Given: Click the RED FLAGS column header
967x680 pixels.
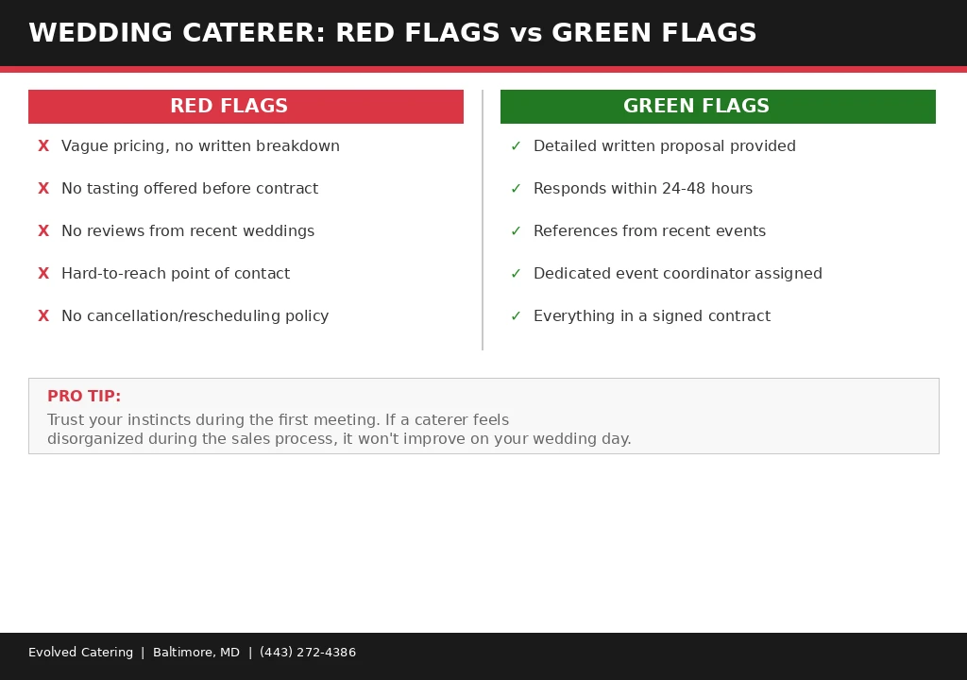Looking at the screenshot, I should (x=229, y=107).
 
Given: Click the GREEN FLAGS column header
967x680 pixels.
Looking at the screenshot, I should (x=696, y=107).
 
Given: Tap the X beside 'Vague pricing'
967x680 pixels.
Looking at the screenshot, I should (x=43, y=146).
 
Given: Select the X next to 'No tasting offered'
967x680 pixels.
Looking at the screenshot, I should (x=43, y=189).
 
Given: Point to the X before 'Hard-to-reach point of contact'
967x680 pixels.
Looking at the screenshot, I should (x=43, y=274).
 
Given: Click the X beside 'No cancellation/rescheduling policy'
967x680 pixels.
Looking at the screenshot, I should (x=43, y=316).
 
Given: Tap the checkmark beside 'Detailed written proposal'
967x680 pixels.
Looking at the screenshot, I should (x=516, y=146).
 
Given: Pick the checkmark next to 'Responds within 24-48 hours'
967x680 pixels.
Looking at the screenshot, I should (x=516, y=189).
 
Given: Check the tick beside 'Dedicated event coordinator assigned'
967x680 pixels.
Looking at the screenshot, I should (x=516, y=274).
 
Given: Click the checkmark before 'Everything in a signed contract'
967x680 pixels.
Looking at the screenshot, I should (x=516, y=316).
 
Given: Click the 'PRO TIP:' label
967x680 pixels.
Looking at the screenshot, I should (x=84, y=397).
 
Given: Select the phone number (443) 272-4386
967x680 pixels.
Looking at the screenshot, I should (x=308, y=653).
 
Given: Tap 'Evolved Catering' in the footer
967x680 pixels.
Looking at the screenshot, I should (x=80, y=653).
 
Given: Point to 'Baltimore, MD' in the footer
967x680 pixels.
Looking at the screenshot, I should (x=196, y=653).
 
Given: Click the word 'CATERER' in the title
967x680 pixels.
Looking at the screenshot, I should (x=254, y=34).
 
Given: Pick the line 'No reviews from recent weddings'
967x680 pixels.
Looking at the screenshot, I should (x=188, y=231).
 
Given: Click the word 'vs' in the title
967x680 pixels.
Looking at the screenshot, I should (x=525, y=34).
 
